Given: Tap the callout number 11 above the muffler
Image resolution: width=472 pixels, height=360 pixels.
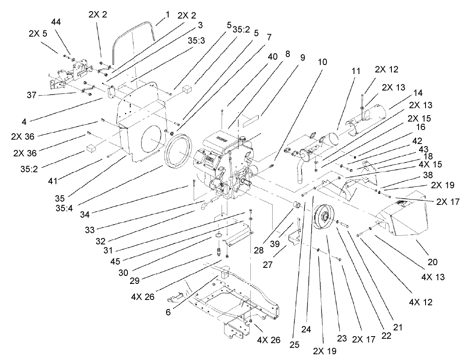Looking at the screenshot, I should [356, 71].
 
